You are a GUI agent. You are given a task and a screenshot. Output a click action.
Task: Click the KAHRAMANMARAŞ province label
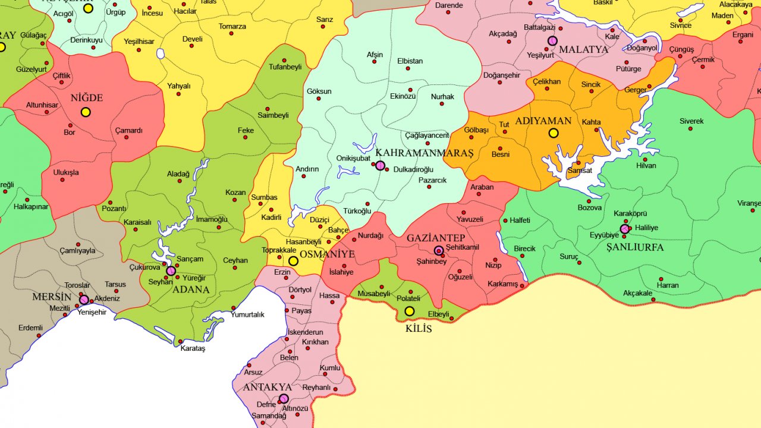point(424,153)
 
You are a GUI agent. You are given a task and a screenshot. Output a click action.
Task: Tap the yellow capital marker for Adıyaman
point(554,133)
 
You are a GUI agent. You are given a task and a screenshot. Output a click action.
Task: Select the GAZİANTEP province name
point(436,238)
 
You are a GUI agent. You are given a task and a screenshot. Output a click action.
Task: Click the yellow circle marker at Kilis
point(410,311)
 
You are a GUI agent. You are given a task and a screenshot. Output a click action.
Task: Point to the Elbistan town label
point(410,61)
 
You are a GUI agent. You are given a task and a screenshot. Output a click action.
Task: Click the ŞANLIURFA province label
point(635,247)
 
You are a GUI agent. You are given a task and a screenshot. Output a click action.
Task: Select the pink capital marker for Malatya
point(552,41)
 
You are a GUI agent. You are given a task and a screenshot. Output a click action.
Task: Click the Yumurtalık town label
point(248,314)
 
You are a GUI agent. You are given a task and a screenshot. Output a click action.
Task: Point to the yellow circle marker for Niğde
point(86,112)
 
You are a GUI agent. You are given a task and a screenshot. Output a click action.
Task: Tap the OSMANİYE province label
point(327,254)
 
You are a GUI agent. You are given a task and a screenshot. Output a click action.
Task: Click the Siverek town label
point(691,121)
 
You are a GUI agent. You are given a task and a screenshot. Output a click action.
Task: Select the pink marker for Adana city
point(171,271)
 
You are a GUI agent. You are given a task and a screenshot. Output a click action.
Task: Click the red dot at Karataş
point(181,341)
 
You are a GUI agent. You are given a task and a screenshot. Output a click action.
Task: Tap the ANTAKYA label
point(267,387)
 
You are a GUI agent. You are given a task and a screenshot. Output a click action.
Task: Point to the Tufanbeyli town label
point(286,67)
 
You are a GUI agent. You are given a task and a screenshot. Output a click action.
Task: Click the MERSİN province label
point(52,297)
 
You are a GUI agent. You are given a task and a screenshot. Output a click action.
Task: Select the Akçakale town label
point(637,293)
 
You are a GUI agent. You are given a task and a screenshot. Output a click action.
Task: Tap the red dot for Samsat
point(579,162)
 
